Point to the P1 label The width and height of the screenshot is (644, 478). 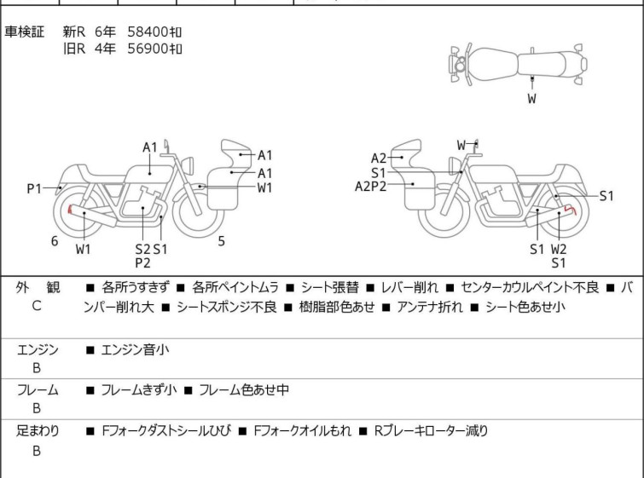(x=34, y=188)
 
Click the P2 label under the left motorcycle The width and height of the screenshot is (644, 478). (x=142, y=262)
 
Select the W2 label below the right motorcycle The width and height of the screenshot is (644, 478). (x=559, y=249)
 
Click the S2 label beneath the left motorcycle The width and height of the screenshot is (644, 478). (x=142, y=249)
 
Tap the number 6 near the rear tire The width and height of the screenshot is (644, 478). (x=55, y=241)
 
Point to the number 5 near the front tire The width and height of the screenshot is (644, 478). (x=221, y=241)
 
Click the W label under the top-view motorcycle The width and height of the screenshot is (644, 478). (x=531, y=99)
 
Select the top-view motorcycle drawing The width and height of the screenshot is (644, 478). (x=517, y=60)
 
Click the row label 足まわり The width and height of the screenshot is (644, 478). (x=38, y=431)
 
